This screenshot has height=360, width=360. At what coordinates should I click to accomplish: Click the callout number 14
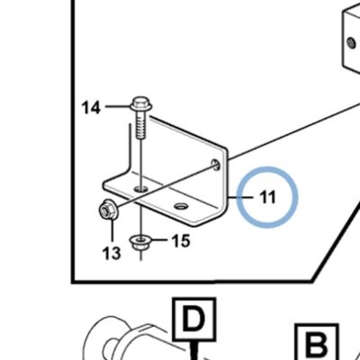91,107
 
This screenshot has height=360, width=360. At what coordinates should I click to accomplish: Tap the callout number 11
267,197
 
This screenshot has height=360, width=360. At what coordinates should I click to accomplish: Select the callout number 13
112,253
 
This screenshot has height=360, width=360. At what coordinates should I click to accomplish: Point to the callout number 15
181,240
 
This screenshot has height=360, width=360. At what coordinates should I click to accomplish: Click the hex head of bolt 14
141,103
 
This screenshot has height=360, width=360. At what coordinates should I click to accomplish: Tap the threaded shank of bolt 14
141,124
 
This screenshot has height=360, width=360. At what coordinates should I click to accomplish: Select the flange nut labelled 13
108,210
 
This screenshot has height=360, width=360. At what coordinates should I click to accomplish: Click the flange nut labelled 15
140,242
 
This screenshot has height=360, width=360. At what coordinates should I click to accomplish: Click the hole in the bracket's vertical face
215,165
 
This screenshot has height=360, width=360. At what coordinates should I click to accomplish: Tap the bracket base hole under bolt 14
141,189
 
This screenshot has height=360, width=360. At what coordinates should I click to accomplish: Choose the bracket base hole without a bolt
181,206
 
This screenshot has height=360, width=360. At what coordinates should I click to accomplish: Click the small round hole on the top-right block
350,43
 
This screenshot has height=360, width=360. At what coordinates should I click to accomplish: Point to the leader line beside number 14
118,106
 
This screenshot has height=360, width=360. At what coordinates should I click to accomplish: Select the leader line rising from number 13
112,230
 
